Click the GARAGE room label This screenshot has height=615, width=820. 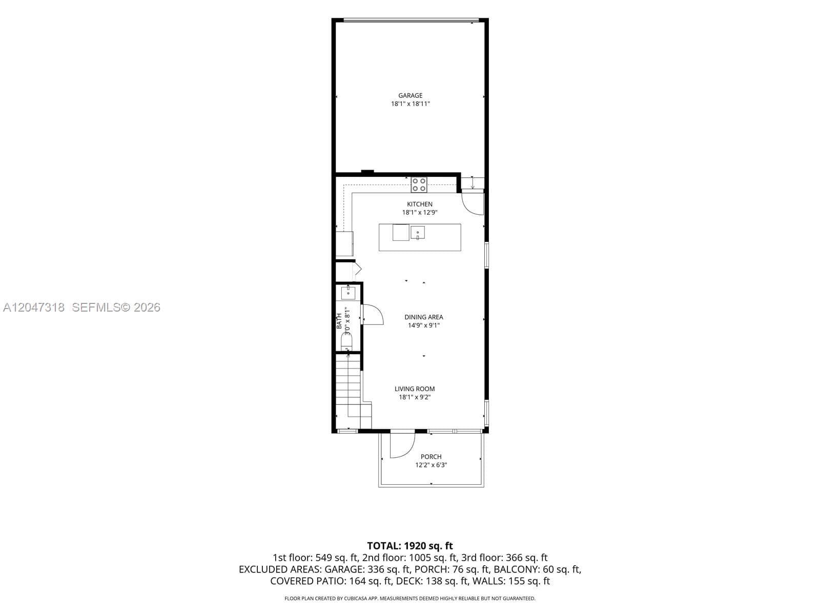coord(410,96)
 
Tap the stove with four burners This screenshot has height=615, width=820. coord(419,185)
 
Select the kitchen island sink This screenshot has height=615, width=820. coord(417,232)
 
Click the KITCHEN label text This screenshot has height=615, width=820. coord(420,204)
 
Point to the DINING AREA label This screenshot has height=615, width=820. coord(424,317)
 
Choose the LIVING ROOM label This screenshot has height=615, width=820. coord(414,388)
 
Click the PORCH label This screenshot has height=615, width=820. coord(430,457)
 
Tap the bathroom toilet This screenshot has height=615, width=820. coord(346,341)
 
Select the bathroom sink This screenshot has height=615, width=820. coord(348,293)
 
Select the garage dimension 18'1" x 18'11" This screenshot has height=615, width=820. coord(410,104)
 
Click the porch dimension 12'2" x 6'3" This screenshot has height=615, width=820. coord(431,465)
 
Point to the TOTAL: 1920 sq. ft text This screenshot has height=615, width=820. coord(410,546)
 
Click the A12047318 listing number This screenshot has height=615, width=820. coord(34,307)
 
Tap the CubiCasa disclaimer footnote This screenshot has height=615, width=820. coord(410,599)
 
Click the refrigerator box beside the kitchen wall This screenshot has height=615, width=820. coord(344,244)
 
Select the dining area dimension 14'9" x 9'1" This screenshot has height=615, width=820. coord(424,325)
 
